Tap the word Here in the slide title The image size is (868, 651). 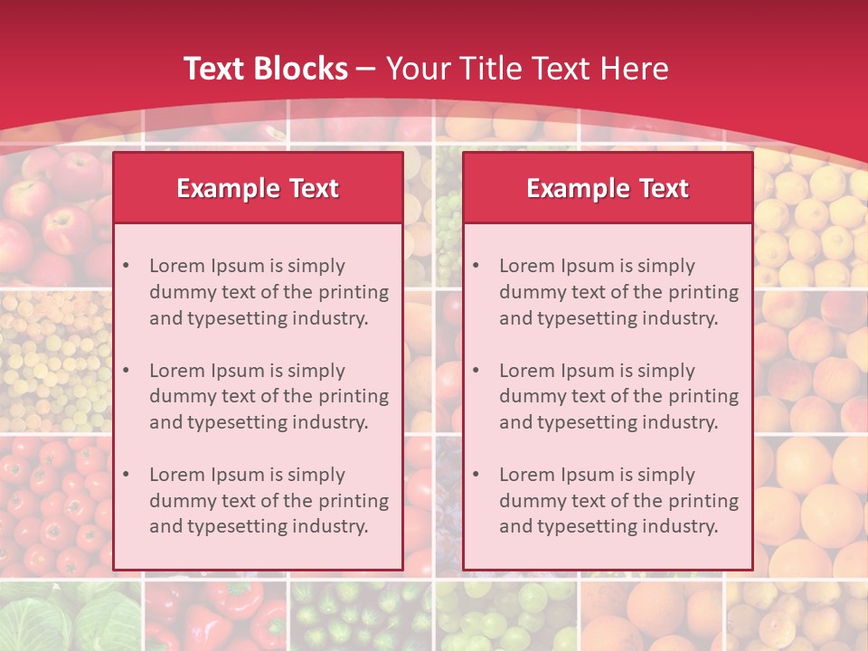tap(635, 69)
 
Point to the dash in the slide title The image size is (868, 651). tap(366, 69)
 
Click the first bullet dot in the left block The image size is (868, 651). tap(126, 266)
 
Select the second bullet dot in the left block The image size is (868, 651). tap(126, 371)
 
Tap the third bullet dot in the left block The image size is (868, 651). tap(126, 475)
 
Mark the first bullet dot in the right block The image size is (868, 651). tap(476, 266)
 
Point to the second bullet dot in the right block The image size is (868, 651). tap(476, 371)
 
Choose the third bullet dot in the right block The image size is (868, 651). tap(476, 475)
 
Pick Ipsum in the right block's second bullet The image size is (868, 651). tap(590, 371)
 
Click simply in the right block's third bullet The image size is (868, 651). tap(667, 475)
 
